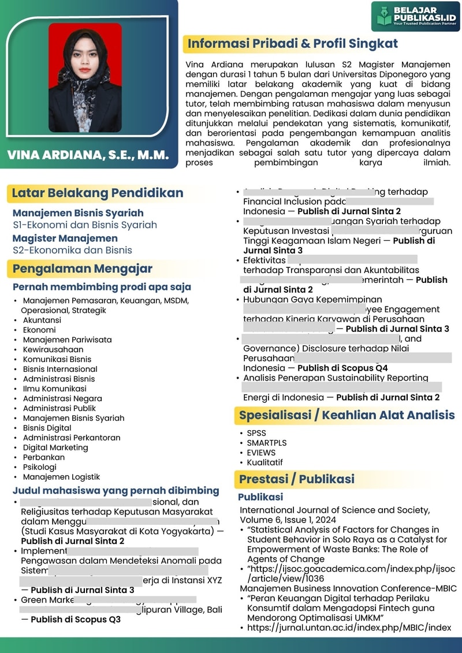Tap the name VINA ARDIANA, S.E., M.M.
pos(88,155)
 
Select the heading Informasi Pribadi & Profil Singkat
pos(293,44)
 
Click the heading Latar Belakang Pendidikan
pos(98,193)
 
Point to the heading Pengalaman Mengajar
pos(83,268)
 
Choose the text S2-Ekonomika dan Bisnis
pos(72,250)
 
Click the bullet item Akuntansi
pos(42,320)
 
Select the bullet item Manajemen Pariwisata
pos(67,339)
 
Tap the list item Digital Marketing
pos(55,447)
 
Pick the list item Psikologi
pos(39,467)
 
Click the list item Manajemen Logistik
pos(61,477)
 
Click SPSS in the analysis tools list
pos(256,433)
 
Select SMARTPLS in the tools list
pos(267,443)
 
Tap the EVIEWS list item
pos(261,453)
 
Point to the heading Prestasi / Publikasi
pos(297,479)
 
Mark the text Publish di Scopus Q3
pos(76,620)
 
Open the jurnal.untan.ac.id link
pos(349,628)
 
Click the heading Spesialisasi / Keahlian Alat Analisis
pos(346,415)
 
